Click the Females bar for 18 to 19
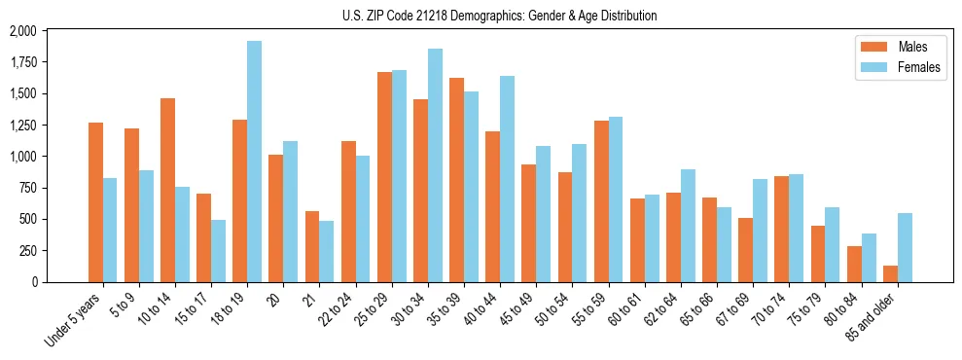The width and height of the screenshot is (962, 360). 254,162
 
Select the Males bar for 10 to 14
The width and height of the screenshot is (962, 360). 167,190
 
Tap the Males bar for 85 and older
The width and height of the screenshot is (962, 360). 890,273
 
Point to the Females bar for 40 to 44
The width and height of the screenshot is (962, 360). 507,179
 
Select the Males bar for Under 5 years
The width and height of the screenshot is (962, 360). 95,202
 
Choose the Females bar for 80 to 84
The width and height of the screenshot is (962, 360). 869,258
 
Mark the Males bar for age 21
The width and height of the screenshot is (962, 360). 312,246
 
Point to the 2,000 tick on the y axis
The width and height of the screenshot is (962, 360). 21,31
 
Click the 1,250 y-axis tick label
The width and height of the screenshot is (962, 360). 21,126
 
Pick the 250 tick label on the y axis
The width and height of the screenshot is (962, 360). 26,250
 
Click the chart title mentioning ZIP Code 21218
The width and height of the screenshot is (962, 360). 500,16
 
